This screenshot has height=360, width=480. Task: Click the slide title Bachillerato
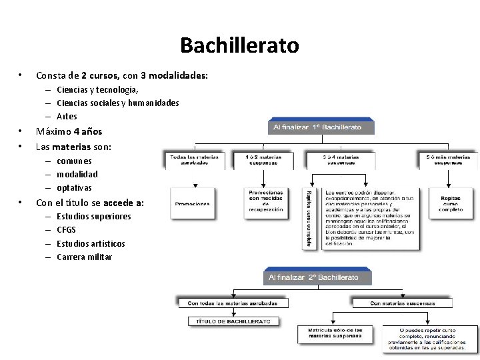(239, 46)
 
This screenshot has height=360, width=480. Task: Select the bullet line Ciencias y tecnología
(97, 89)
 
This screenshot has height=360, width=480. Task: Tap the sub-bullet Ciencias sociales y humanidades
(117, 103)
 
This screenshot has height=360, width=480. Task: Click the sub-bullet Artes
(67, 116)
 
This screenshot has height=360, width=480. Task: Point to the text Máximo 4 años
(69, 131)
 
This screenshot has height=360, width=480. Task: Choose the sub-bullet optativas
(74, 187)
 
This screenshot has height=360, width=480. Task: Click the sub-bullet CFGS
(66, 230)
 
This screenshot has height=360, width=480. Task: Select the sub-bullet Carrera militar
(84, 257)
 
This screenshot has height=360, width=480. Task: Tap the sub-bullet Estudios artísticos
(91, 243)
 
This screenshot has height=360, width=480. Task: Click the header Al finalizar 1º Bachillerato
(322, 127)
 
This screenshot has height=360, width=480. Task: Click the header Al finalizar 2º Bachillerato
(317, 277)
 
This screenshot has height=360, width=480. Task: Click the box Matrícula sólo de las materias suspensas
(335, 333)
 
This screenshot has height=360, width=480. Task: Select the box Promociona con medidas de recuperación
(265, 201)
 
